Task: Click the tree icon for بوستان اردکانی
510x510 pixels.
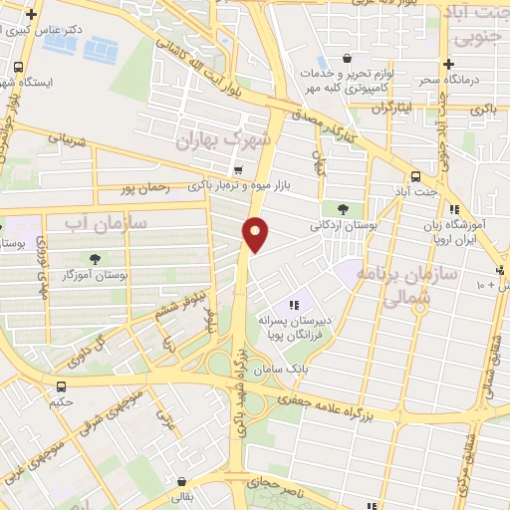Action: pyautogui.click(x=344, y=209)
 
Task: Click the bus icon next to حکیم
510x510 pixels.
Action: pyautogui.click(x=63, y=385)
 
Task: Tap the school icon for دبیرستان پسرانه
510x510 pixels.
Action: pyautogui.click(x=293, y=305)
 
